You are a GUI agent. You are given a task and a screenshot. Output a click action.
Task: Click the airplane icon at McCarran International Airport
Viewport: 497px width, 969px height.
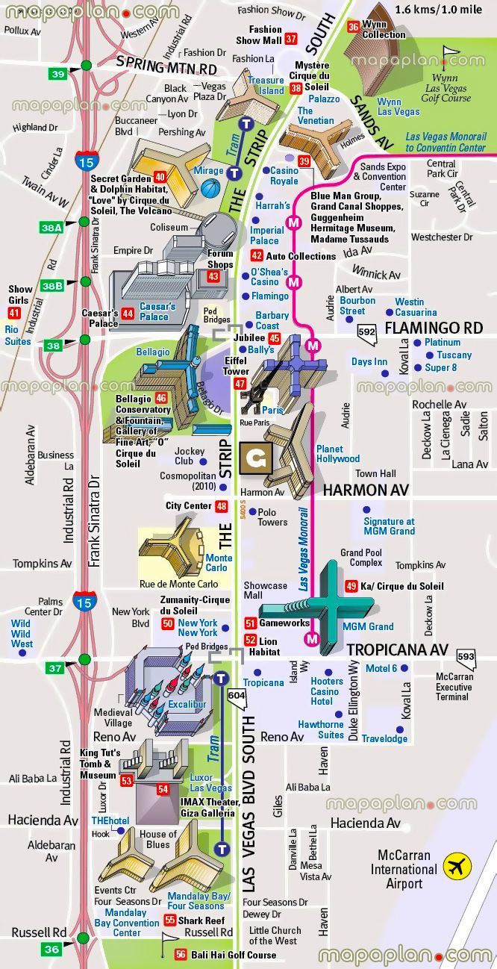457,867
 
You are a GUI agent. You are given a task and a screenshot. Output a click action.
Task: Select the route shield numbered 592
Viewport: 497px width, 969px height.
367,331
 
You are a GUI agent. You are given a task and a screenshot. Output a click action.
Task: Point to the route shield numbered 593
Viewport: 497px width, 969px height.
466,657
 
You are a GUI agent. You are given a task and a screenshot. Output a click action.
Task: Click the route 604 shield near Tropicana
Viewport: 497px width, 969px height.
237,696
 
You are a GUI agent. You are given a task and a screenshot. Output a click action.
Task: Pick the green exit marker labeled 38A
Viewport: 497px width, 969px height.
52,228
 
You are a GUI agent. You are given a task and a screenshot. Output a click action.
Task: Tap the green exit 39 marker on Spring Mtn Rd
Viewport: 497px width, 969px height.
58,73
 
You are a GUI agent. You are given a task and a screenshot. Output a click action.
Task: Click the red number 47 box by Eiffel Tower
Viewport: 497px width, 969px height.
240,384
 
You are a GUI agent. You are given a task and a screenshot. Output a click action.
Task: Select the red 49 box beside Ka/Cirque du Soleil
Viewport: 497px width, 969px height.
351,586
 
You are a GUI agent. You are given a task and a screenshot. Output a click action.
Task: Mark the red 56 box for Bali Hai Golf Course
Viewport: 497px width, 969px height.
181,955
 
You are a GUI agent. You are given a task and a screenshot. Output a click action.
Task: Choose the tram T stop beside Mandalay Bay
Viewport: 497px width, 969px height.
222,849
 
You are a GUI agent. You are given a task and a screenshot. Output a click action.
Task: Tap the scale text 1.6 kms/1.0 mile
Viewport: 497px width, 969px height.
440,10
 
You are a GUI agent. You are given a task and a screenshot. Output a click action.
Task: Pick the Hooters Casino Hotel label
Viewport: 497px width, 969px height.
327,691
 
